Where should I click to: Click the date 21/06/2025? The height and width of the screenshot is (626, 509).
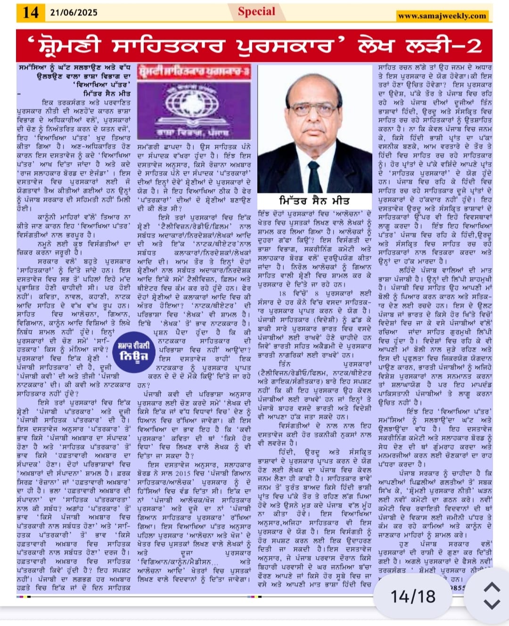pos(74,13)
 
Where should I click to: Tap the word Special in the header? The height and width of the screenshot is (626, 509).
pos(256,11)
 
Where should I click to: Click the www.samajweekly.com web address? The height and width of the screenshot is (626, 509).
pos(442,16)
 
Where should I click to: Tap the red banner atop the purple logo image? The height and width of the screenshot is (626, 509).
pos(194,72)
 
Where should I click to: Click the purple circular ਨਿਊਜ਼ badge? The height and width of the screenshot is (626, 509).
pos(133,351)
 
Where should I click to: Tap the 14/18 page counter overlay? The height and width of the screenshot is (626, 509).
pos(413,597)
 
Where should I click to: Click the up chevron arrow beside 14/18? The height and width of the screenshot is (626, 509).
pos(492,587)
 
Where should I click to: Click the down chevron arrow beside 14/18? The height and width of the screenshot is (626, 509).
pos(492,604)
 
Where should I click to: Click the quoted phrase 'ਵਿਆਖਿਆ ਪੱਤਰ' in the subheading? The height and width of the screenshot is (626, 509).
pos(102,85)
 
